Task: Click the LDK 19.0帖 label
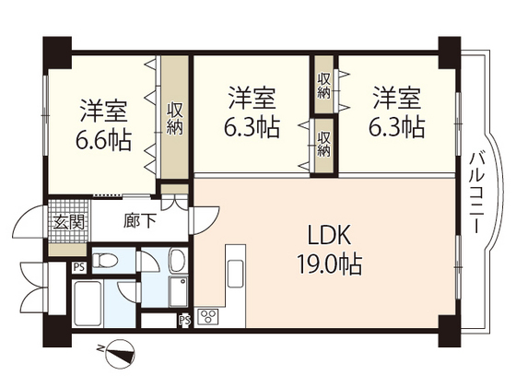(x=330, y=250)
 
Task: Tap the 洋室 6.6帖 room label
(x=103, y=125)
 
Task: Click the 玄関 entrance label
(x=69, y=222)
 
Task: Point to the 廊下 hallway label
(x=139, y=221)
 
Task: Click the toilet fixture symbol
(x=105, y=261)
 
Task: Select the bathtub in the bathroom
(x=88, y=304)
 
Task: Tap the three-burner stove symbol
(x=208, y=317)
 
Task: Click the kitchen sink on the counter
(x=236, y=271)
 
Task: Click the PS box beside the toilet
(x=79, y=267)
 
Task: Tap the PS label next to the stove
(x=185, y=321)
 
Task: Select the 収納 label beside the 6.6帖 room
(x=174, y=119)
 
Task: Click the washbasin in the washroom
(x=179, y=260)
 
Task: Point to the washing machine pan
(x=179, y=291)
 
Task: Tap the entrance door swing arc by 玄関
(x=29, y=221)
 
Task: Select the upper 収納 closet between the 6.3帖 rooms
(x=323, y=84)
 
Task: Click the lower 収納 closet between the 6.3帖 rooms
(x=323, y=145)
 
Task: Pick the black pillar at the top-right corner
(x=450, y=53)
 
